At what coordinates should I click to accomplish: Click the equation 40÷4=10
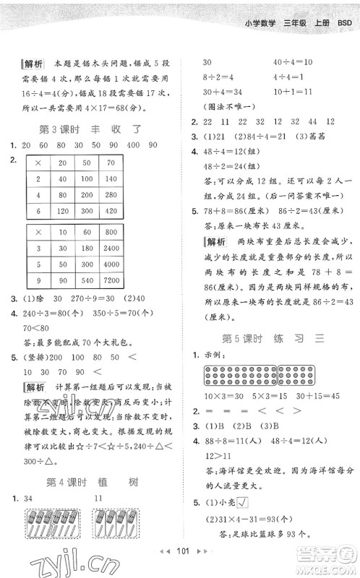click(x=292, y=63)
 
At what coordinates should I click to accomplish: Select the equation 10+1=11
click(x=292, y=92)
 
